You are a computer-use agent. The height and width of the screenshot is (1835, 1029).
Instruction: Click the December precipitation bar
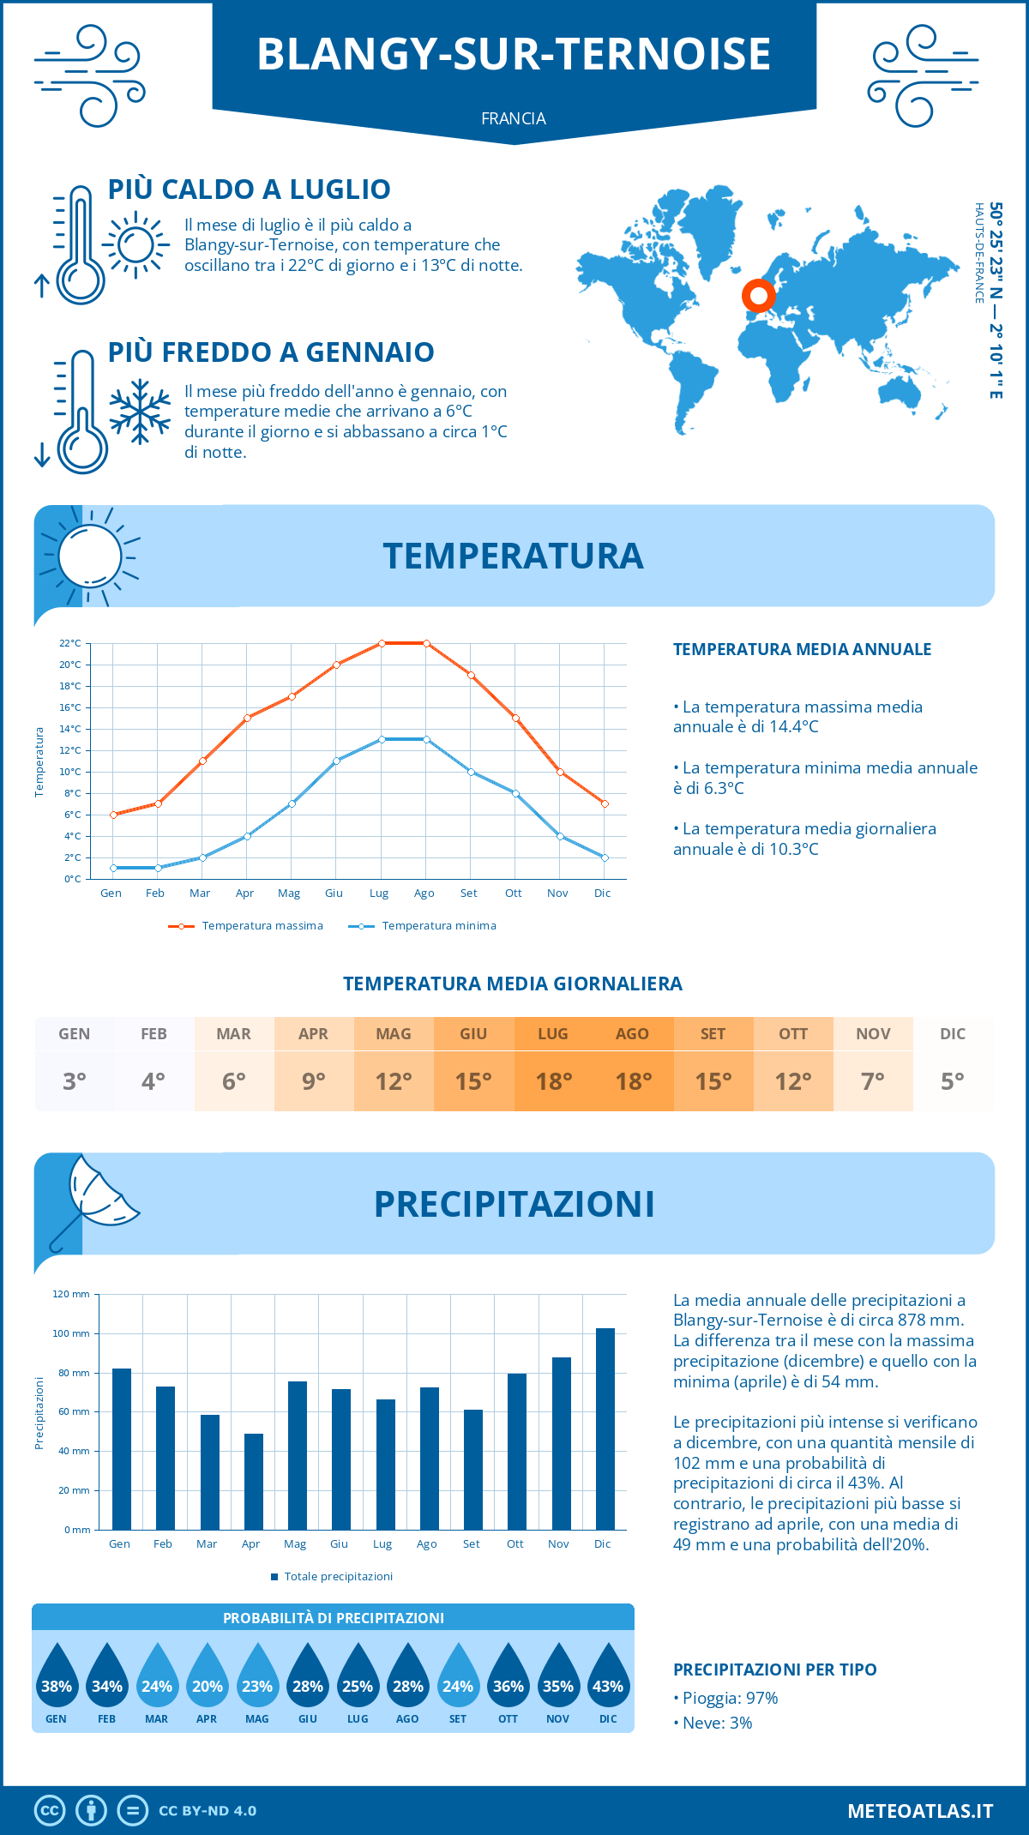(605, 1429)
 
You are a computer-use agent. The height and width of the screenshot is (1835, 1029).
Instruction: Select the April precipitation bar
(254, 1481)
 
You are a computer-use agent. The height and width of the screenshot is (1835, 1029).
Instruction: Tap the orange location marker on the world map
(758, 296)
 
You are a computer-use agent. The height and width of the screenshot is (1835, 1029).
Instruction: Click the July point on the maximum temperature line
(382, 643)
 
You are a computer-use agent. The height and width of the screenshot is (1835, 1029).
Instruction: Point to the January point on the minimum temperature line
(113, 868)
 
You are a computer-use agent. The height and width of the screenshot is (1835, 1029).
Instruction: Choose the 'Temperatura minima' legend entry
(424, 926)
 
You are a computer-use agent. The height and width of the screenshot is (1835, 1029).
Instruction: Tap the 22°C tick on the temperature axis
(70, 643)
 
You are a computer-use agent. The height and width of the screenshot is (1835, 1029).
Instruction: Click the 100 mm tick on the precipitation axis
(71, 1333)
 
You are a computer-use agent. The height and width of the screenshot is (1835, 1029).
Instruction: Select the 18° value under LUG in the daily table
(553, 1081)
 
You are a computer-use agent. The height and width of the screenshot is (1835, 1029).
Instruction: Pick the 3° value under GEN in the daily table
(75, 1081)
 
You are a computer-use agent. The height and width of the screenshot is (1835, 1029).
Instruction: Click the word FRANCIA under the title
(514, 118)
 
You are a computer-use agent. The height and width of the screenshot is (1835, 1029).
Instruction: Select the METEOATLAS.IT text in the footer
(920, 1810)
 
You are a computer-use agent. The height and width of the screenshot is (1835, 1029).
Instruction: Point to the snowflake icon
(140, 412)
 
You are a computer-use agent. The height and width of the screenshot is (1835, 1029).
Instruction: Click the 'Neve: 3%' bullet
(717, 1723)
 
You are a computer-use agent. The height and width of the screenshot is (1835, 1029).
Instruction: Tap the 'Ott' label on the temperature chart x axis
(513, 893)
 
